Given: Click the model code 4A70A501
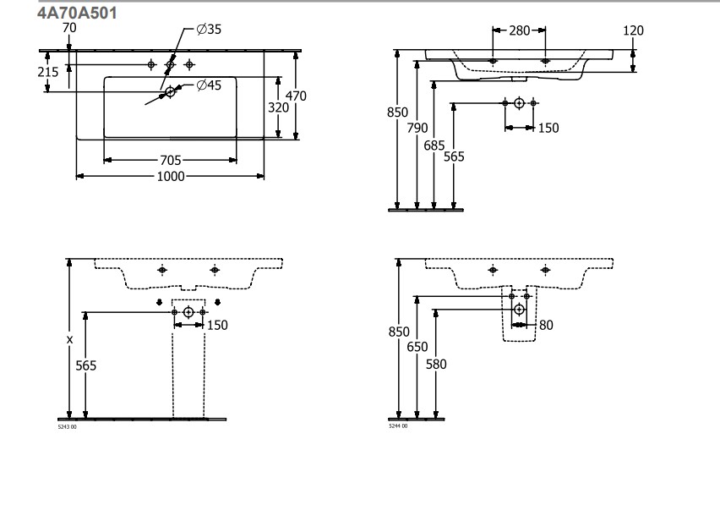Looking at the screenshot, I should (78, 14).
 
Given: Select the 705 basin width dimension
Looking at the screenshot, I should (170, 160).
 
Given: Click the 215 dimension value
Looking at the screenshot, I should (48, 73).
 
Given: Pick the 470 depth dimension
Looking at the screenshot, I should (295, 96).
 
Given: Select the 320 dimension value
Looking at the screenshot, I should (278, 107).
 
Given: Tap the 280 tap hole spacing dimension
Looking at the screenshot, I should (519, 30).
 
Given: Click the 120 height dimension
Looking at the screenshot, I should (632, 30).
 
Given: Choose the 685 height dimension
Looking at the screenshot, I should (434, 145).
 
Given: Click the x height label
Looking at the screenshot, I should (69, 339).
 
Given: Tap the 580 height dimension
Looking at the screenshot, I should (436, 365).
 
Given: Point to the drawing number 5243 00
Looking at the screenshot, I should (68, 426).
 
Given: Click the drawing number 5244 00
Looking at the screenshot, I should (398, 426).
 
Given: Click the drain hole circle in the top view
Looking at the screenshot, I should (171, 91).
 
